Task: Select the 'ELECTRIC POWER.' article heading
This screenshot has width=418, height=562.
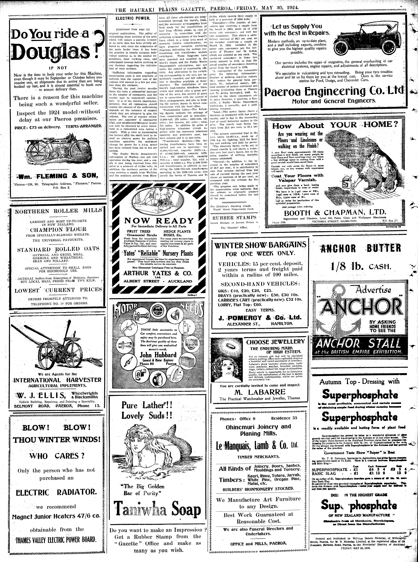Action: click(133, 18)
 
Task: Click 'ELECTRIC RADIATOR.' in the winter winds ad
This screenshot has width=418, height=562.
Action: click(56, 492)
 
